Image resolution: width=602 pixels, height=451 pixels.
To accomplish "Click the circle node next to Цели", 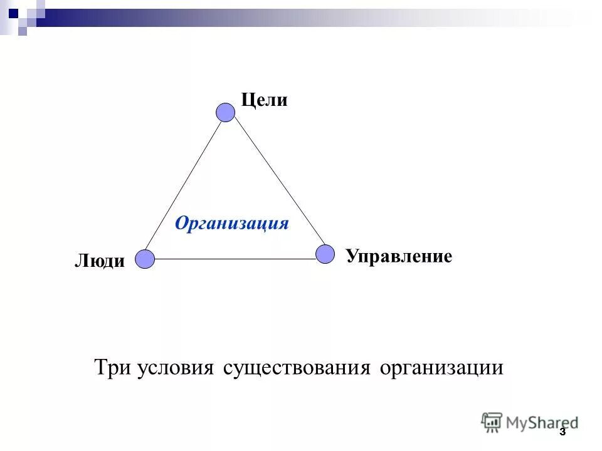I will [x=225, y=112].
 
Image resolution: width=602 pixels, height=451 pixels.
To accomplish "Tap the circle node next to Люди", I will [x=145, y=259].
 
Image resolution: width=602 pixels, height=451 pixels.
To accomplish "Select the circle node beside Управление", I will [x=325, y=254].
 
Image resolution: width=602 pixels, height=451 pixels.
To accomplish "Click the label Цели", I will [x=264, y=100].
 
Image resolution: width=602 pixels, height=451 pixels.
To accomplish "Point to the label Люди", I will [x=100, y=261].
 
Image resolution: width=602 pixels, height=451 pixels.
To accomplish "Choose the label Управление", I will [x=399, y=256].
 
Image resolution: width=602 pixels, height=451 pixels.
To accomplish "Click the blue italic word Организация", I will [x=232, y=223].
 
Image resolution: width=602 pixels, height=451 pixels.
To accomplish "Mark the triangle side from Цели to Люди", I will [x=185, y=185].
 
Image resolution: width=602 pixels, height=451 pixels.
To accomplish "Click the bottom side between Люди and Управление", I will [x=235, y=259].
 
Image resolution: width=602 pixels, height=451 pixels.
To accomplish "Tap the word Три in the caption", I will [x=112, y=366].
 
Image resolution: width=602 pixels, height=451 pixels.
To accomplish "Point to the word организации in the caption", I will [x=441, y=366].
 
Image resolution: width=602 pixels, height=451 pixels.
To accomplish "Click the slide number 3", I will [x=562, y=432].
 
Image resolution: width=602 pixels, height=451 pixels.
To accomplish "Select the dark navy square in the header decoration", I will [x=13, y=11].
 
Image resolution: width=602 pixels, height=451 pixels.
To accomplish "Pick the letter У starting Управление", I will [x=351, y=256].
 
